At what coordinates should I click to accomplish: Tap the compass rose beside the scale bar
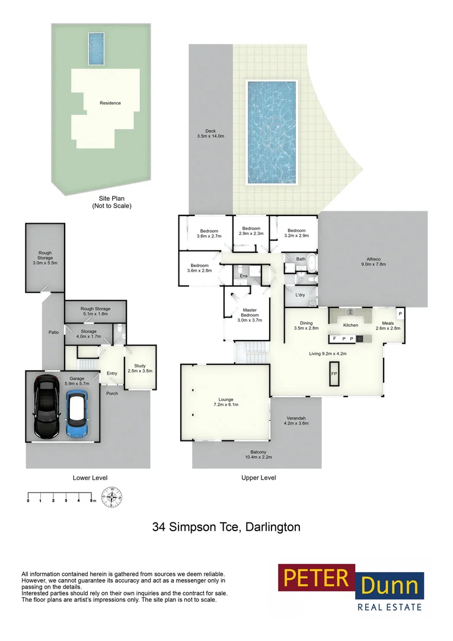point(111,497)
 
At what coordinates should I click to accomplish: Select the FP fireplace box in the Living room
point(334,374)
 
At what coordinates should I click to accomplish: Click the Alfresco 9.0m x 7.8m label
point(374,262)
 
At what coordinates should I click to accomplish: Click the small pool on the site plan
point(97,48)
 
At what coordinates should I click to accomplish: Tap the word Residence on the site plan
point(110,103)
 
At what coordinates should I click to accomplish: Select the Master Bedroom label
point(249,315)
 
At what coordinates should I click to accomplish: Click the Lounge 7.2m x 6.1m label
point(225,402)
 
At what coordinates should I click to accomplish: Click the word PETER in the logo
point(316,577)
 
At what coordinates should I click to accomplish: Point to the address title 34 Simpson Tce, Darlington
point(226,526)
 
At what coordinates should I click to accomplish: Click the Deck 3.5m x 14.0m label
point(210,134)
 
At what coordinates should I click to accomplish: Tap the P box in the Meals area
point(400,314)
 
